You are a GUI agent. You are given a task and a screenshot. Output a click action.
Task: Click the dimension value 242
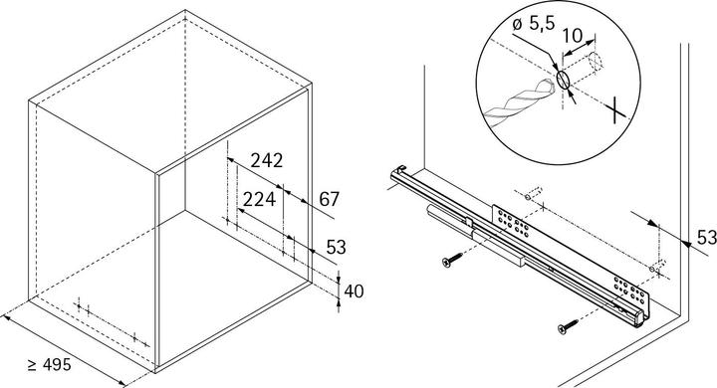coord(267,160)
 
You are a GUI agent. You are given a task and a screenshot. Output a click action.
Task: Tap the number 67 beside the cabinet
coord(330,200)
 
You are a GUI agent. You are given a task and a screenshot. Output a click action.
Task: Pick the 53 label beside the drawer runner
coord(704,238)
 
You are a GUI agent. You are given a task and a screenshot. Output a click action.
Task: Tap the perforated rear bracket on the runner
coord(510,223)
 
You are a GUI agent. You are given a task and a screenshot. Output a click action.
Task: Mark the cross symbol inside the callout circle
coord(619,106)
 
